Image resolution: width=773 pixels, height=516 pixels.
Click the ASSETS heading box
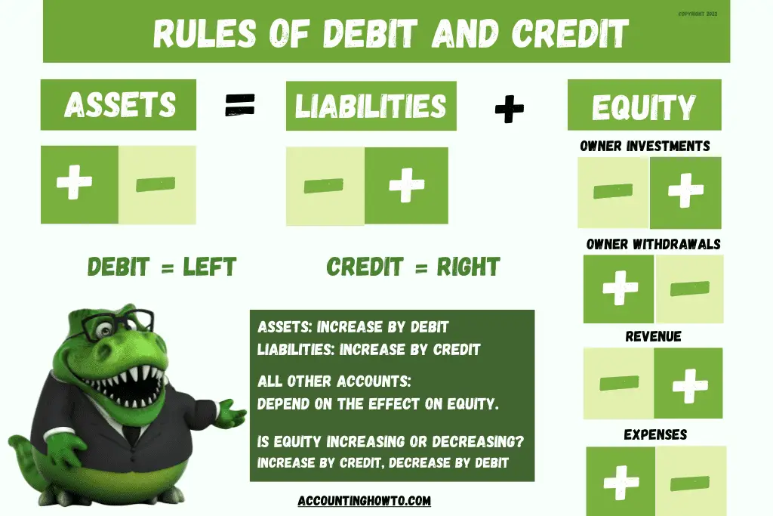tap(119, 104)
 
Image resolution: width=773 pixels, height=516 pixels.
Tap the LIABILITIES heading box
tap(371, 105)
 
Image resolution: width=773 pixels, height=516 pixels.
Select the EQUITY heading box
tap(643, 107)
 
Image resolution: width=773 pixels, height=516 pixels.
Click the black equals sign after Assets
tap(240, 106)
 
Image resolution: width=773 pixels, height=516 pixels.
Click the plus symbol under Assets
tap(75, 184)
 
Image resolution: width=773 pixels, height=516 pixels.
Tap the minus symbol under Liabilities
tap(325, 185)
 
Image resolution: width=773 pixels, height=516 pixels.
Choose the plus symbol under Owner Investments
tap(685, 192)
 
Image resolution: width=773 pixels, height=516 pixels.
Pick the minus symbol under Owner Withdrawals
tap(689, 289)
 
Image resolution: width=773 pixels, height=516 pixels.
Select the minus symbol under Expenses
tap(689, 481)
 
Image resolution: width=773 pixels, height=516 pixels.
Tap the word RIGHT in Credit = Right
tap(466, 267)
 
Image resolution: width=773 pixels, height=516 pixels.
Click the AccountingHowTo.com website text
tap(365, 500)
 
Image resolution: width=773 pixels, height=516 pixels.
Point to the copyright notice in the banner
tap(698, 14)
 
